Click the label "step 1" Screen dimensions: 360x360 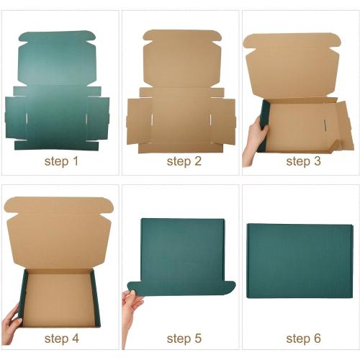coord(61,161)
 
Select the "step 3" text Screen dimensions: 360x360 coord(303,161)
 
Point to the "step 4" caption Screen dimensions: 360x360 coord(61,338)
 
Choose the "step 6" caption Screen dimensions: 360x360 coord(303,338)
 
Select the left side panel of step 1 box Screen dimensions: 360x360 coord(16,117)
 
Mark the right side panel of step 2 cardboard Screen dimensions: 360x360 coord(223,119)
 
